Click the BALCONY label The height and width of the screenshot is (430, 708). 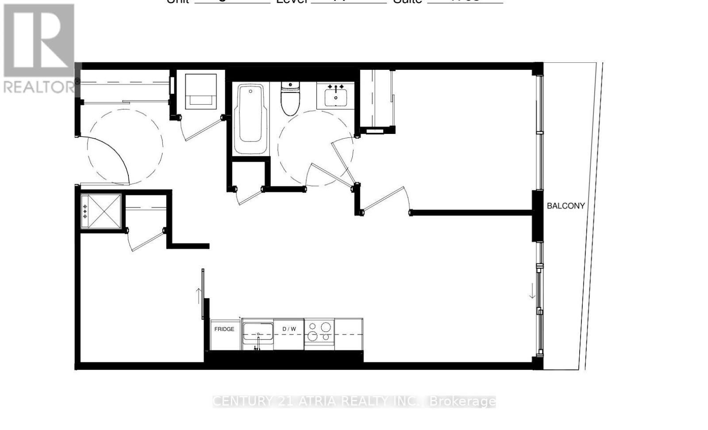click(x=566, y=206)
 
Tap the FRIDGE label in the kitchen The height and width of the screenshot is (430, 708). click(x=224, y=329)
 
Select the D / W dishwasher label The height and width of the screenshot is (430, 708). click(x=289, y=329)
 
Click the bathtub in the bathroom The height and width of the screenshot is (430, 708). click(x=250, y=118)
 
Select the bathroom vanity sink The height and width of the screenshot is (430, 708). click(x=336, y=96)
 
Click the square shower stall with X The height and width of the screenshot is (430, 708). click(x=101, y=211)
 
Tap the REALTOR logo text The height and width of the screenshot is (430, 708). click(x=39, y=87)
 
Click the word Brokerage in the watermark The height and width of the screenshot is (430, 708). click(x=462, y=401)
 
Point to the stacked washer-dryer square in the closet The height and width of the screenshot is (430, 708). click(x=201, y=91)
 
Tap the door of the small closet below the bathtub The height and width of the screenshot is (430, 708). click(x=251, y=196)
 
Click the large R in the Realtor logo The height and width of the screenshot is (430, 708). click(x=39, y=40)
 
